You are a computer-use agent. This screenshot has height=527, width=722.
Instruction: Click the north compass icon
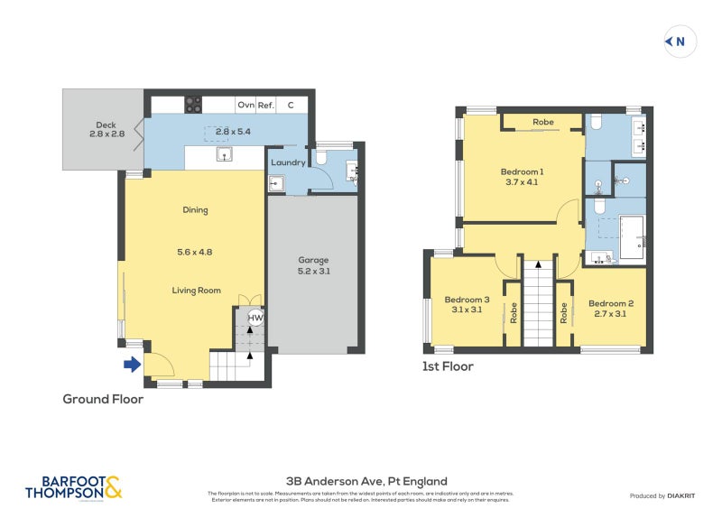click(x=680, y=41)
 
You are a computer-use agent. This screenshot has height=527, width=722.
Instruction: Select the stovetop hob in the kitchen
click(x=193, y=105)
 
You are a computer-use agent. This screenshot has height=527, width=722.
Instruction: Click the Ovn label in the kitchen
click(x=245, y=106)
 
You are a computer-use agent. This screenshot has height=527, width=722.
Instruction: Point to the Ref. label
click(x=266, y=106)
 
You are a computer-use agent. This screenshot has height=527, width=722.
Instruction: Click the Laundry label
click(x=287, y=162)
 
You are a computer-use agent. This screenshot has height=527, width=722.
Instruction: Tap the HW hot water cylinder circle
click(x=255, y=319)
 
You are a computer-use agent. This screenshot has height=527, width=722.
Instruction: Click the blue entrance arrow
click(x=132, y=365)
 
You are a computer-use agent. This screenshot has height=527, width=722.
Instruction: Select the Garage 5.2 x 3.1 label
click(x=314, y=265)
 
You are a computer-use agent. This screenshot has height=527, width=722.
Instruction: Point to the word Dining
click(x=195, y=210)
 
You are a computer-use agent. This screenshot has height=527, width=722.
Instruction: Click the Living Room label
click(x=197, y=291)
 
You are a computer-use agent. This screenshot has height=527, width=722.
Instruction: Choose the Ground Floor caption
click(x=103, y=399)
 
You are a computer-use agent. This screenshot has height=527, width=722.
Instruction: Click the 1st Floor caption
click(x=448, y=366)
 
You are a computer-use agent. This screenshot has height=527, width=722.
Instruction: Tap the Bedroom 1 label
click(x=522, y=176)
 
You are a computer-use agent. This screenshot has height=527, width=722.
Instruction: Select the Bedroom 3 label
click(x=467, y=305)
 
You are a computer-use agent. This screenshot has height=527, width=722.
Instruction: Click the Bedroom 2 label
click(x=611, y=309)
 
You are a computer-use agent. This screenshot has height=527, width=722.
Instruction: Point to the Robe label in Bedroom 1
click(x=542, y=122)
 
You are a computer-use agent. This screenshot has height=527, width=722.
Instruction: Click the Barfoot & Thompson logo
click(x=73, y=488)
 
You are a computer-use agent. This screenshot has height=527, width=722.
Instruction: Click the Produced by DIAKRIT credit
click(x=660, y=496)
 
